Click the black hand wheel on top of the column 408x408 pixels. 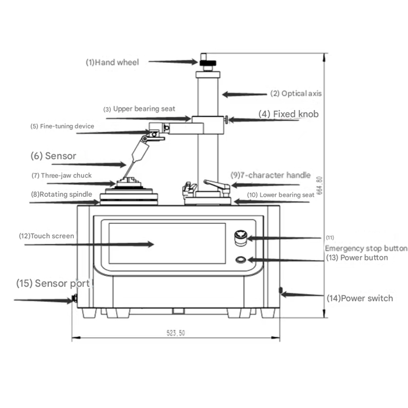click(208, 63)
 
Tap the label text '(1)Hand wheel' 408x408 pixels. click(112, 62)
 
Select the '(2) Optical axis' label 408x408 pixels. click(296, 93)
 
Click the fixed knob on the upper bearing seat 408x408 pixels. click(226, 120)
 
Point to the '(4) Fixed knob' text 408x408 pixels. click(288, 114)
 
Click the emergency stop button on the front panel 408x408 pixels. click(241, 238)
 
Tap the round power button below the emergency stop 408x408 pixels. click(241, 260)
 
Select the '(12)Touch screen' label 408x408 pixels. click(46, 236)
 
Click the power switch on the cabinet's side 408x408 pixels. click(280, 290)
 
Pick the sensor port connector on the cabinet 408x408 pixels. click(74, 298)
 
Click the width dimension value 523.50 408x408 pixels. click(175, 333)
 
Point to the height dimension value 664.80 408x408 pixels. click(320, 185)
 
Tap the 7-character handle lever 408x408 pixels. click(216, 185)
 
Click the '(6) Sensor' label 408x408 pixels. click(54, 156)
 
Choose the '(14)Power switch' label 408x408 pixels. click(360, 298)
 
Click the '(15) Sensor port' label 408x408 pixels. click(53, 284)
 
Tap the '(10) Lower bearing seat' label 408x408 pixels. click(280, 195)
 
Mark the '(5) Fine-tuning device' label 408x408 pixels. click(62, 126)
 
